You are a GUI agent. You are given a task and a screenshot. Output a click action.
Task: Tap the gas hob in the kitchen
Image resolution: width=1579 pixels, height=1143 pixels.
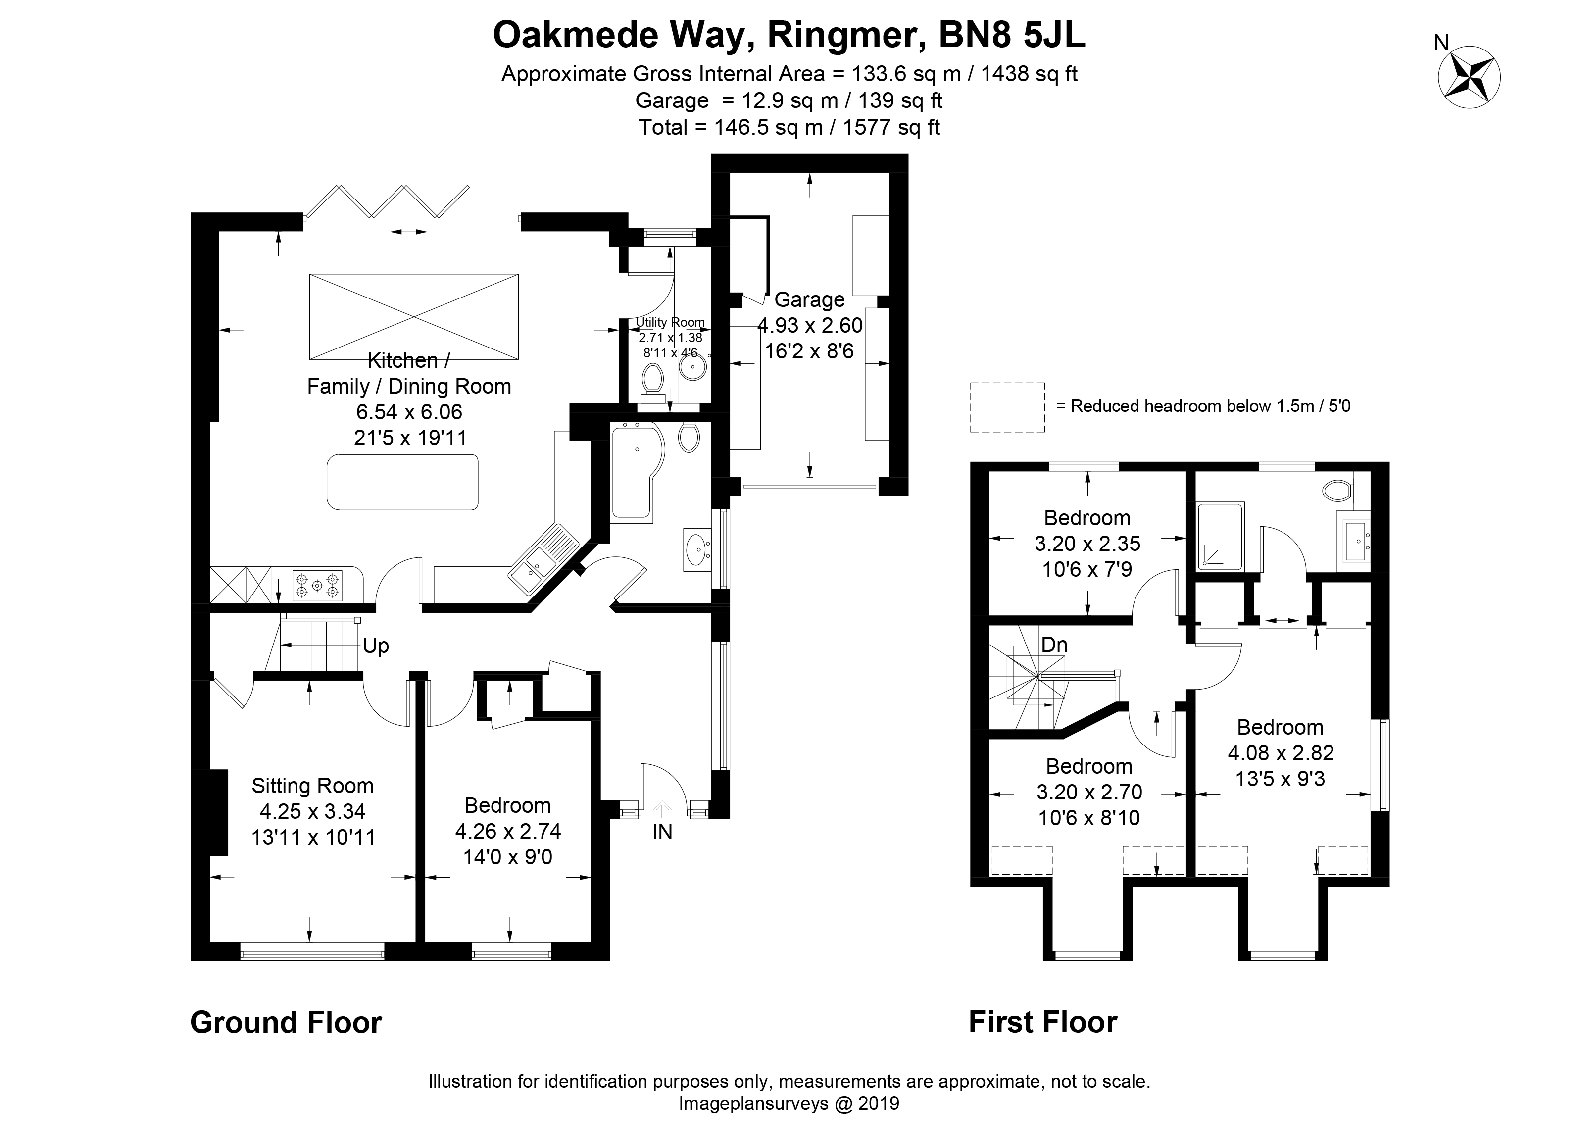point(317,586)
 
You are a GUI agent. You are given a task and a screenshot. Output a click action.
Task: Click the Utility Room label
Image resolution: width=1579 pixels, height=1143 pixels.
point(670,322)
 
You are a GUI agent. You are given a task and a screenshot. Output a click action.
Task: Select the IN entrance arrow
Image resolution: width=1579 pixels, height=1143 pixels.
point(662,808)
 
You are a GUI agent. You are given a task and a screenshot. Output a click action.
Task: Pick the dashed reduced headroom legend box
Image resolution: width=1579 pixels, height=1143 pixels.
point(1007,407)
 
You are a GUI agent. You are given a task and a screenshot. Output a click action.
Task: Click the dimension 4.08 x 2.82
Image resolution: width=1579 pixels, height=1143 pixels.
point(1281,752)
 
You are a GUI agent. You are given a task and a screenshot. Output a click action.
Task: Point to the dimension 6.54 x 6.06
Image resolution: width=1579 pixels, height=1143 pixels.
point(409,411)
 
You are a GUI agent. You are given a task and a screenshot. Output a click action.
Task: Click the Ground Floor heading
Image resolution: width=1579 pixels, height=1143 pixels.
point(286,1023)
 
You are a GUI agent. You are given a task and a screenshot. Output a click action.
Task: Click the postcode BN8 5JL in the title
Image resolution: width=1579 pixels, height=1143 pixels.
point(1012,36)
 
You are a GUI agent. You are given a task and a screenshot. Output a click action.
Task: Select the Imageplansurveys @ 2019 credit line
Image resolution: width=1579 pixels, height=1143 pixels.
point(789,1103)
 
